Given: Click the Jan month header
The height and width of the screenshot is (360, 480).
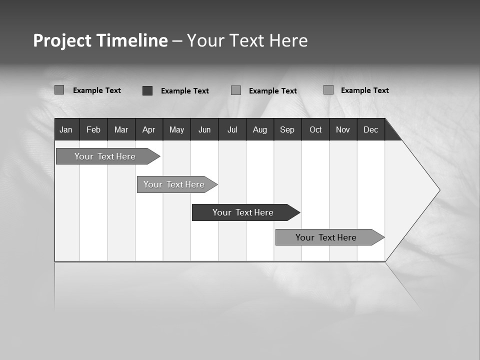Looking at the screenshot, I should coord(66,129).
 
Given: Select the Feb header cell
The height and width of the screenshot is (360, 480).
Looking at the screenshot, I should coord(93,129).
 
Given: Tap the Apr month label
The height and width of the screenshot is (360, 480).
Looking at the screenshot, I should coord(148,129).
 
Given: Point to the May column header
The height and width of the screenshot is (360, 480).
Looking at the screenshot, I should coord(176,129).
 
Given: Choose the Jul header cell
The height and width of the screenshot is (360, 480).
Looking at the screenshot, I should coord(232,129).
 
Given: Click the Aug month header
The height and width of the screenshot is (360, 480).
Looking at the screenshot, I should coord(259,129).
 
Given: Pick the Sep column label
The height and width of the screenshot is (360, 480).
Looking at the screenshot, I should coord(287,129).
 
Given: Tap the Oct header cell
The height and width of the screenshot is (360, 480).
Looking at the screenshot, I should coord(315,129).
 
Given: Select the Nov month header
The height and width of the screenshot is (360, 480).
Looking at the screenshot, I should coord(343,129).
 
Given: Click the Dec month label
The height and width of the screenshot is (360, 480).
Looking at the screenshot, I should coord(370,129).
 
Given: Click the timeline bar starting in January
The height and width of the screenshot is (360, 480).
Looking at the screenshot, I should coord(105,156).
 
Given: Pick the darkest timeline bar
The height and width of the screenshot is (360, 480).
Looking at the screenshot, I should coord(243,212).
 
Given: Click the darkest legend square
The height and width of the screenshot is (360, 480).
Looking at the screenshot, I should coord(147,90).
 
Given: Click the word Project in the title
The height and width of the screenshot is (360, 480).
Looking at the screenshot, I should coord(61,40).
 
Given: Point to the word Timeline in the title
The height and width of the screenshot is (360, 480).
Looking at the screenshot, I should coord(131,40).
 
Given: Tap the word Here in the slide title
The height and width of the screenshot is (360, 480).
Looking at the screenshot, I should coord(288,40).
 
